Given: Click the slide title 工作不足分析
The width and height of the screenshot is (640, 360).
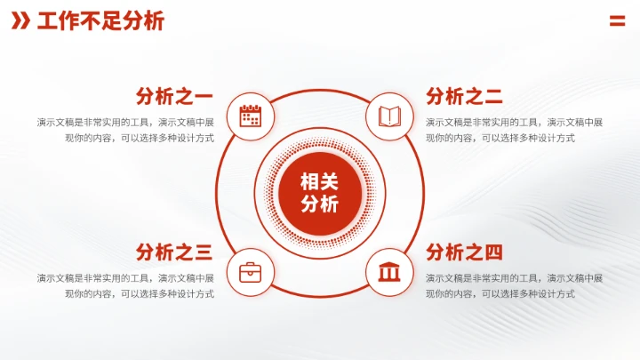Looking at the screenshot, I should click(100, 22).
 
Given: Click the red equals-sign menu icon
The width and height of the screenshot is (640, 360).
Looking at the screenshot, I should click(617, 22).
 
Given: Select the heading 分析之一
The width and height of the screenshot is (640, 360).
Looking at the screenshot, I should click(174, 96).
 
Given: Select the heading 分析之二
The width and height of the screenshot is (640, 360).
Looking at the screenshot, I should click(464, 96).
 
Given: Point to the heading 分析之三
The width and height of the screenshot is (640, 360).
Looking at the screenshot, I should click(174, 252).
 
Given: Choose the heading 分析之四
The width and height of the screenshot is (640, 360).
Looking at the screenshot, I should click(464, 252).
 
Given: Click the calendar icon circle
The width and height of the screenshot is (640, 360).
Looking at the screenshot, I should click(250, 116).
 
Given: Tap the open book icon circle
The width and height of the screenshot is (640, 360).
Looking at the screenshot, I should click(389, 116).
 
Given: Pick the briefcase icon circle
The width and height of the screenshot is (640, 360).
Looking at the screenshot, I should click(250, 271).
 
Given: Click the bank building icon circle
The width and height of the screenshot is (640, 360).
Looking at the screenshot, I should click(389, 271).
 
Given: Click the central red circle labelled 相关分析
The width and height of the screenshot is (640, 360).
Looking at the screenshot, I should click(320, 193).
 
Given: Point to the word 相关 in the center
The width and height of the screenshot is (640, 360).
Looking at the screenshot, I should click(320, 181).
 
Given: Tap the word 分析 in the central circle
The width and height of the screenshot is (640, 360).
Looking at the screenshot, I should click(320, 204).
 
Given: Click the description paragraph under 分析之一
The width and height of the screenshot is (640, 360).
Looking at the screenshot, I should click(125, 130).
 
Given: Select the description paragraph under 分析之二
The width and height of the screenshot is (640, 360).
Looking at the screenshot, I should click(514, 130).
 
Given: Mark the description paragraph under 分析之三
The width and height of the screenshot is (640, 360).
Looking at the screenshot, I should click(125, 285).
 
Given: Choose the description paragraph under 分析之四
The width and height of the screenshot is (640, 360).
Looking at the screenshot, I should click(514, 285).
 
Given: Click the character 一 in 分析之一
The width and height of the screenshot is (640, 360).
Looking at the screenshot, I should click(204, 96).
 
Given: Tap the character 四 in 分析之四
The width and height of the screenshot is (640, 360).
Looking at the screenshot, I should click(493, 252).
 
